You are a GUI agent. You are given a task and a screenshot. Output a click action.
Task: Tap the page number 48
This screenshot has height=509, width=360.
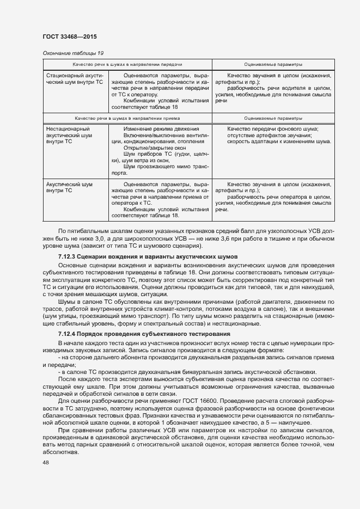[x=46, y=462]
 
